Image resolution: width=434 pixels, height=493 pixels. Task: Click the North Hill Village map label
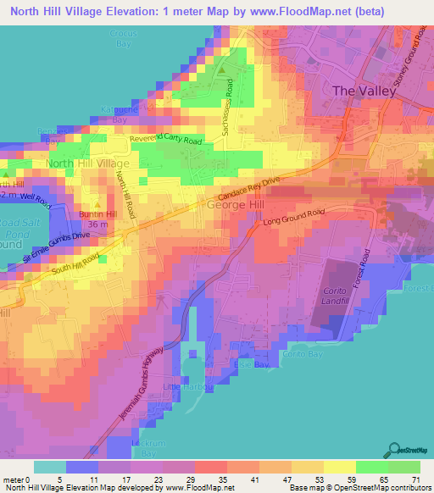click(x=87, y=163)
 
